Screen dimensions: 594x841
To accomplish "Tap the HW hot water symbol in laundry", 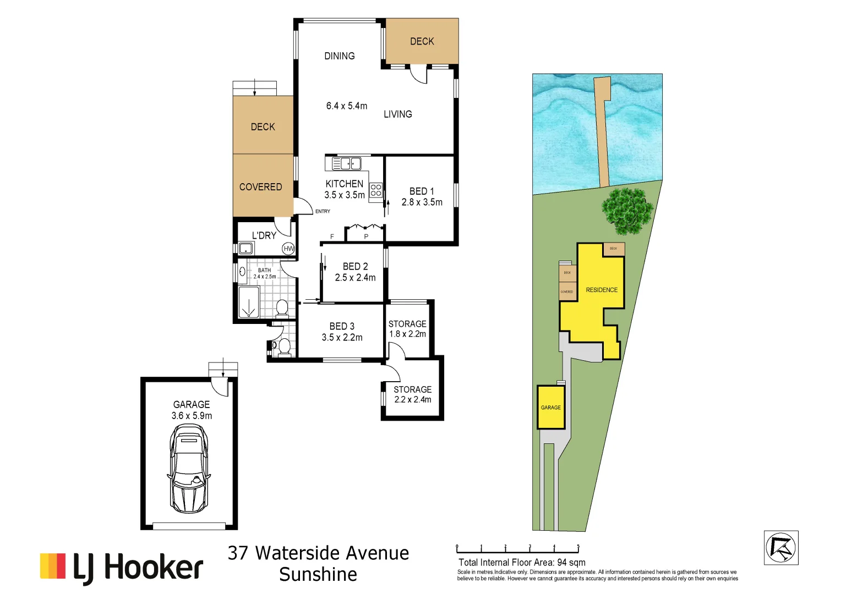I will pyautogui.click(x=288, y=249).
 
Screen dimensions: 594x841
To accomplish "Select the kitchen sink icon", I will pyautogui.click(x=347, y=163).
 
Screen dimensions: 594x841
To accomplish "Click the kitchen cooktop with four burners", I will pyautogui.click(x=376, y=190).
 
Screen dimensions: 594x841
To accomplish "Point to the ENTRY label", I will pyautogui.click(x=323, y=211).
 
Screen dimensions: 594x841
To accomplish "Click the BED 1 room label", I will pyautogui.click(x=422, y=191).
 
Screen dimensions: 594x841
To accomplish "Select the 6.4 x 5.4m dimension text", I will pyautogui.click(x=346, y=106).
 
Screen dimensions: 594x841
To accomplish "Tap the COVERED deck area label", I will pyautogui.click(x=260, y=187).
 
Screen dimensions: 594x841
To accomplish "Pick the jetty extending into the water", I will pyautogui.click(x=603, y=132).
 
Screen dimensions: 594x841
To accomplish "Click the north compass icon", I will pyautogui.click(x=780, y=548).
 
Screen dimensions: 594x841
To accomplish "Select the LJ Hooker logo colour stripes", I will pyautogui.click(x=53, y=566).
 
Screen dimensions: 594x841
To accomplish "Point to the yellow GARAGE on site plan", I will pyautogui.click(x=551, y=408).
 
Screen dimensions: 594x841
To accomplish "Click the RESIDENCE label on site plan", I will pyautogui.click(x=602, y=290).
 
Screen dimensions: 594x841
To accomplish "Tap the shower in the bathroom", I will pyautogui.click(x=249, y=302).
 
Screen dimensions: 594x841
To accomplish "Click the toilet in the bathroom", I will pyautogui.click(x=282, y=307).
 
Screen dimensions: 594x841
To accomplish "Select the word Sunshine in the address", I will pyautogui.click(x=318, y=574).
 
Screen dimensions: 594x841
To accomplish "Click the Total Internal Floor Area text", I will pyautogui.click(x=522, y=562).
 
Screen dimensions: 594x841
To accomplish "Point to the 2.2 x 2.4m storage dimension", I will pyautogui.click(x=412, y=400).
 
